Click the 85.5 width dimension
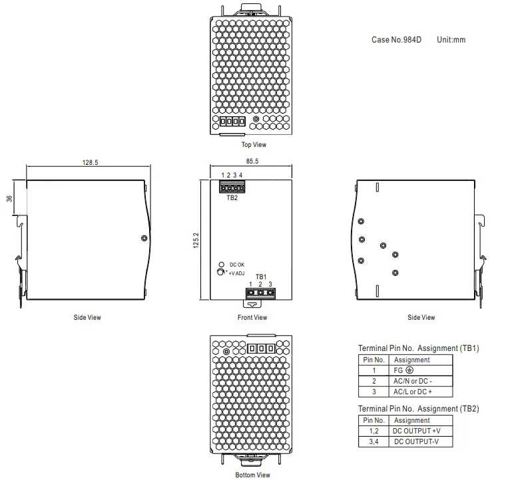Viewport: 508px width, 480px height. click(x=252, y=161)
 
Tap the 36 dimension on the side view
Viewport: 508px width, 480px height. click(x=10, y=198)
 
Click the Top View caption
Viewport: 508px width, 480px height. click(x=253, y=144)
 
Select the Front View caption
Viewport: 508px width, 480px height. click(x=252, y=317)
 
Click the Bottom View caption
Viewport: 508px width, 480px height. click(x=252, y=475)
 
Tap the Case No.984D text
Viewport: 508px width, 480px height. click(x=396, y=40)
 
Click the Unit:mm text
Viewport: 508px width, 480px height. click(x=451, y=40)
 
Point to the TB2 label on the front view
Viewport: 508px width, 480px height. click(x=232, y=197)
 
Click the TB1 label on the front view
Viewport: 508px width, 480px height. click(x=260, y=277)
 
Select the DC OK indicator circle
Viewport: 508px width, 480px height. click(x=221, y=264)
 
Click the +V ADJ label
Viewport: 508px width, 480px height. click(x=236, y=273)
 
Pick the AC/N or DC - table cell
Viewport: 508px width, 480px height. click(x=413, y=381)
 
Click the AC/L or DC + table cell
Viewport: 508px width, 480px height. click(x=413, y=392)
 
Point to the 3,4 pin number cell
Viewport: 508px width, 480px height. click(x=374, y=441)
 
